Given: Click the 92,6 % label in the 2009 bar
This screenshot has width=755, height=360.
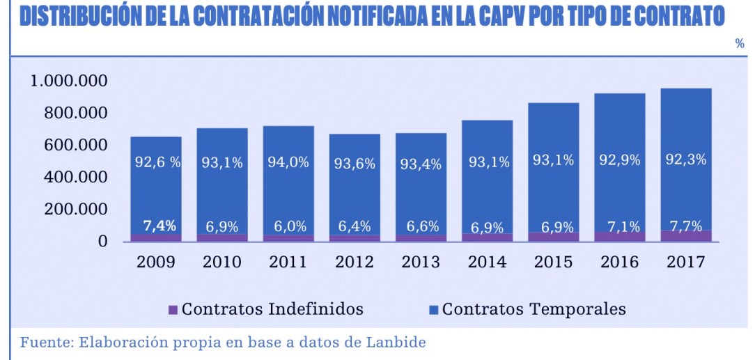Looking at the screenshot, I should pos(157,163).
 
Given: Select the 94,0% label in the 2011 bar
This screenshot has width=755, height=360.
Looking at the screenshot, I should pos(289,162).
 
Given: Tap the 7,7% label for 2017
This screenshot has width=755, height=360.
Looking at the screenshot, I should pos(686,226).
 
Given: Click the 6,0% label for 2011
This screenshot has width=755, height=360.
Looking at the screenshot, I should pos(289,227).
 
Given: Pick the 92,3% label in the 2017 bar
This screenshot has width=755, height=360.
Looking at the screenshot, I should pos(686,159).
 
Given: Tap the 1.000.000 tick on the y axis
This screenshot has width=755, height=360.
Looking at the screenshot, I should pos(68,81).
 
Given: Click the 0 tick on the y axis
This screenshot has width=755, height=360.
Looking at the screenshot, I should pos(102,242).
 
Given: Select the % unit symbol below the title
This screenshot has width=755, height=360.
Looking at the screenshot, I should pos(740,44).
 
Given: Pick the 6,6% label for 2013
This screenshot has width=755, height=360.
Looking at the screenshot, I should pos(421,227).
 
